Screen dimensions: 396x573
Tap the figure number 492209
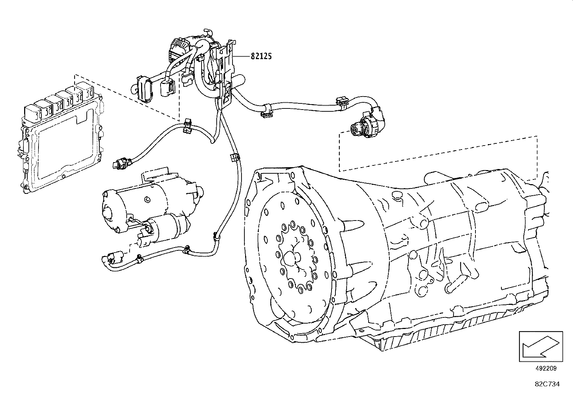click(546, 368)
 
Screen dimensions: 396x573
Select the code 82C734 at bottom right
click(547, 384)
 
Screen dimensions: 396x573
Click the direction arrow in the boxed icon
click(540, 347)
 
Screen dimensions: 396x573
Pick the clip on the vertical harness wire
click(234, 157)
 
